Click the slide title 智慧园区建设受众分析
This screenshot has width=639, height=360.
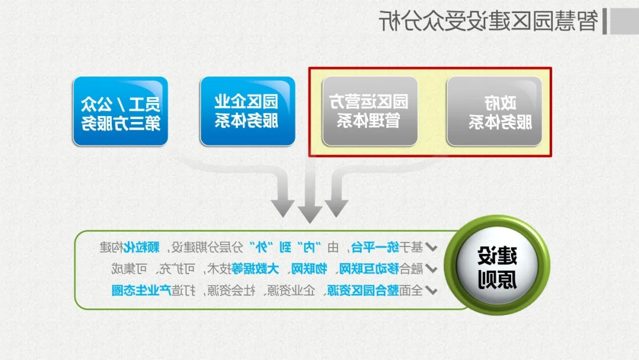click(x=489, y=21)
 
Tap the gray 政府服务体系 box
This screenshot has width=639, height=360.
click(x=494, y=111)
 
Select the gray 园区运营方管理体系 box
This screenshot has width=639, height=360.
click(x=370, y=111)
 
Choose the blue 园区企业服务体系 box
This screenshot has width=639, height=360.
click(x=247, y=111)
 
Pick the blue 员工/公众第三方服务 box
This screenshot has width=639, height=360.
click(x=120, y=111)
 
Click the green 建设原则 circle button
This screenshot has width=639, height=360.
click(x=497, y=265)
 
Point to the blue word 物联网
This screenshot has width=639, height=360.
click(x=309, y=269)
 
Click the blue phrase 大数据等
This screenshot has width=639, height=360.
click(x=255, y=269)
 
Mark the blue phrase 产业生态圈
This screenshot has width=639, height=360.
click(x=141, y=290)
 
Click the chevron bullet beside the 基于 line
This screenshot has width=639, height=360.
click(x=431, y=247)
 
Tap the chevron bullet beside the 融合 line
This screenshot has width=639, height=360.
click(x=431, y=269)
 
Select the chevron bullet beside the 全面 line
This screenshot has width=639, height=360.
click(x=431, y=291)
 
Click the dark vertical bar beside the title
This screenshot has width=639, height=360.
click(x=605, y=21)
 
